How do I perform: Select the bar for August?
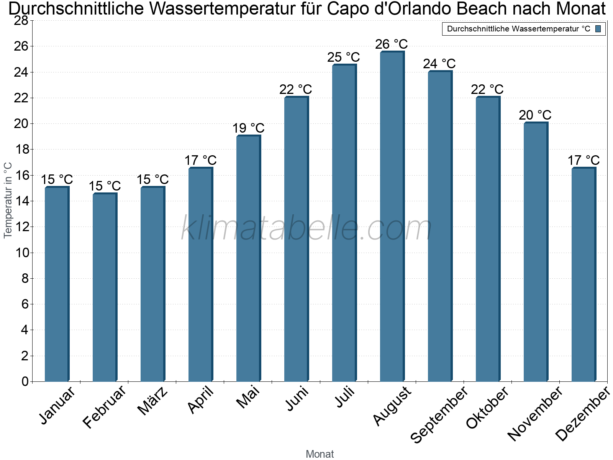coord(392,217)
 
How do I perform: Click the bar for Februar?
coord(105,287)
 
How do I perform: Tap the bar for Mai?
coord(248,259)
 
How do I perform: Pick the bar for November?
coord(536,252)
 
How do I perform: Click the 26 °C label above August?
coord(391,44)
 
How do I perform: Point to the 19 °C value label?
coord(248,128)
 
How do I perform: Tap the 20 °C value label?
coord(535,115)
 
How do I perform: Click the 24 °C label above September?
coord(439,64)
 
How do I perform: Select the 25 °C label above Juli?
coord(343,58)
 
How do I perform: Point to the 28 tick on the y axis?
coord(21,20)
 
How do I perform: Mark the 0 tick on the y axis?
coord(25,381)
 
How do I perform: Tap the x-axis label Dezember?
coord(582,414)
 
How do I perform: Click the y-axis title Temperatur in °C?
coord(8,200)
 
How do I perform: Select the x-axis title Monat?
coord(320,454)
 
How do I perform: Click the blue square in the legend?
coord(598,29)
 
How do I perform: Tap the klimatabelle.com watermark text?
coord(306,228)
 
